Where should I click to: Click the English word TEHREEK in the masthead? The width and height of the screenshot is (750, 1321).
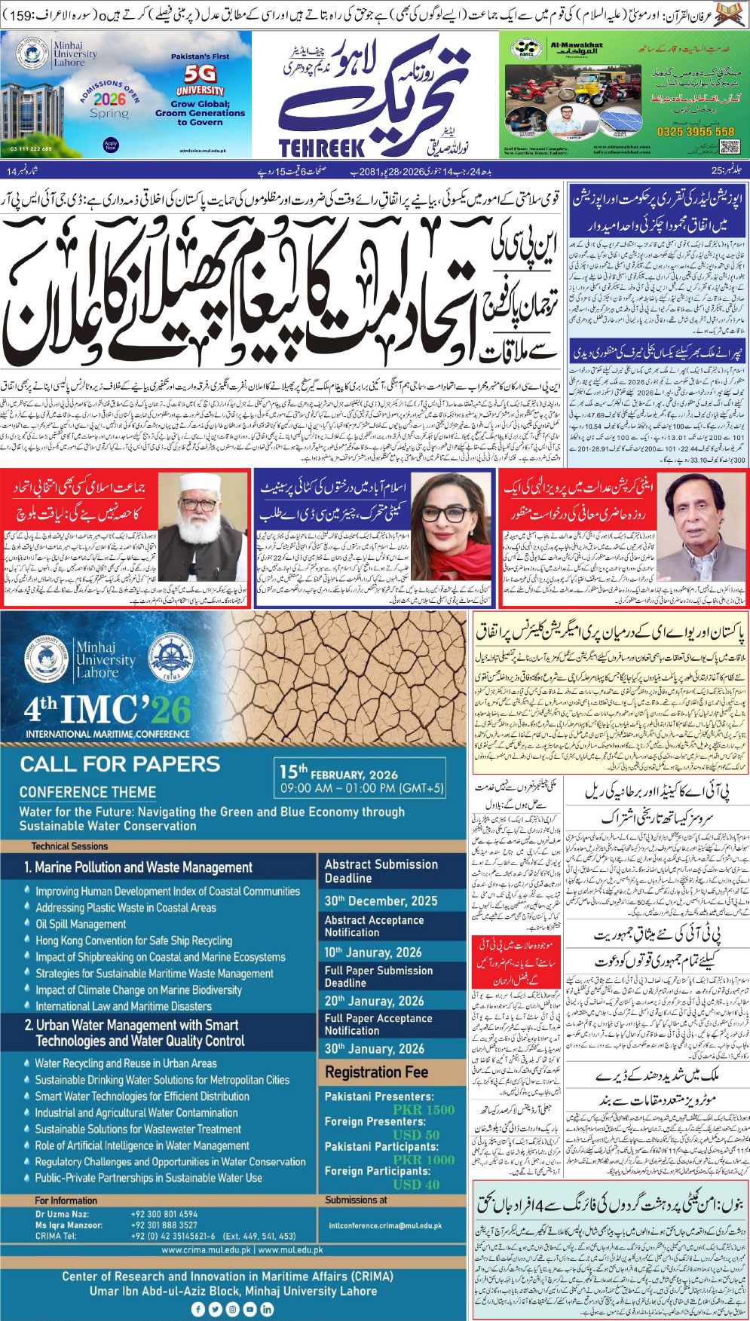[322, 147]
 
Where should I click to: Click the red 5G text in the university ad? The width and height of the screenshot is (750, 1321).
[200, 74]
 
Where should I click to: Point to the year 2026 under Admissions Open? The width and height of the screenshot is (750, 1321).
[109, 99]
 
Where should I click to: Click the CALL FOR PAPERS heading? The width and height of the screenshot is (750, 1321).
[120, 764]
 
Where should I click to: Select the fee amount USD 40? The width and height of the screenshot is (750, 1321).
[416, 1184]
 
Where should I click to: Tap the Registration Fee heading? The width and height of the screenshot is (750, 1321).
[376, 1072]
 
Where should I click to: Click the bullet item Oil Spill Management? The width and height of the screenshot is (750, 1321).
[81, 924]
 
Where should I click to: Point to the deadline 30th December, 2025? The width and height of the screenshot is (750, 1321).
[381, 901]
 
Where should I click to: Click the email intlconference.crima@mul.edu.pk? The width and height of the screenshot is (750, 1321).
[385, 1226]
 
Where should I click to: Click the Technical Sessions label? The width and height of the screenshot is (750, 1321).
[69, 846]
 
